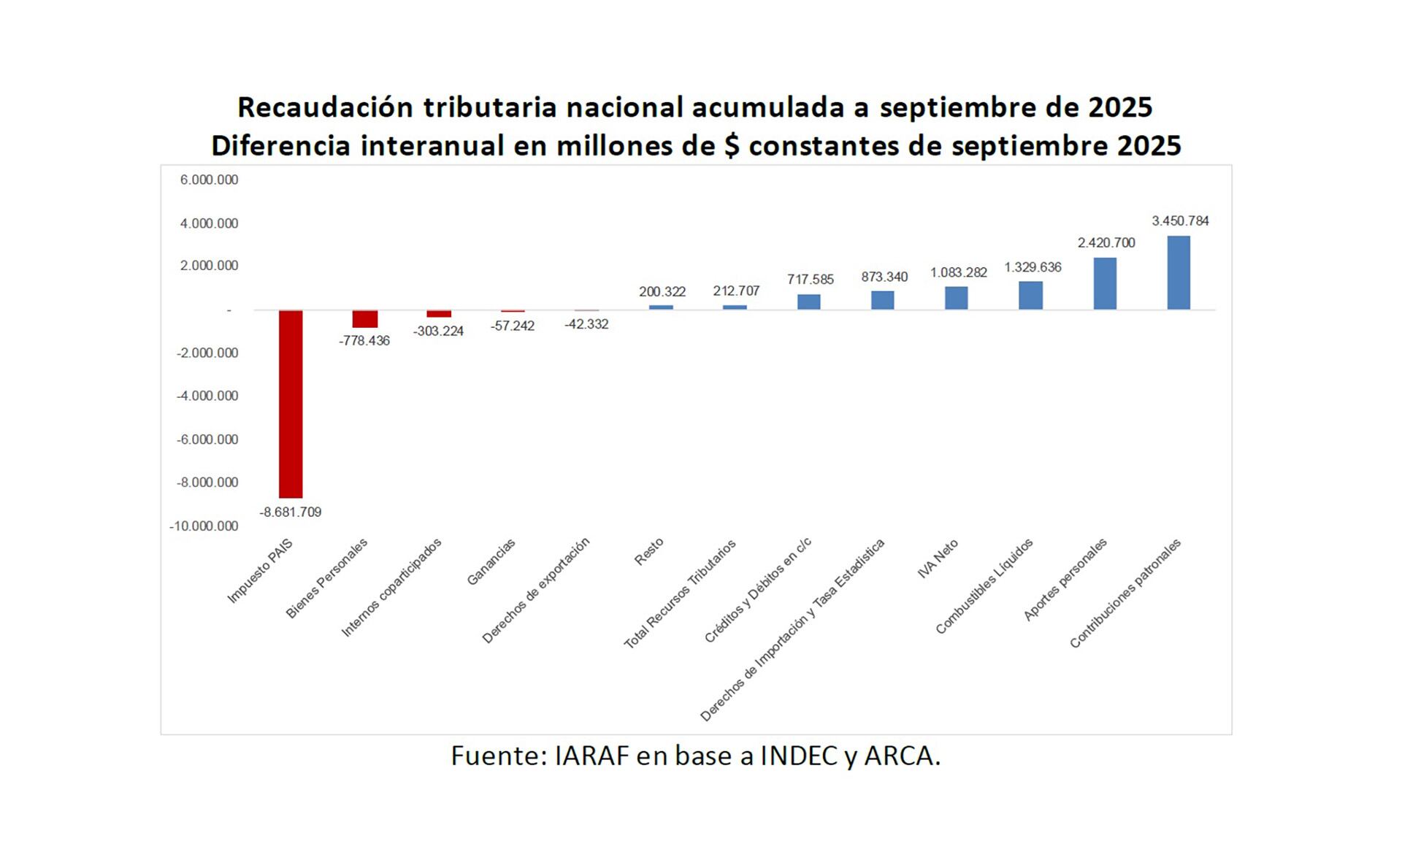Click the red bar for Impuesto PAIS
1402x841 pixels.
(291, 404)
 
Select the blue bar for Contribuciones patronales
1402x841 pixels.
(1179, 272)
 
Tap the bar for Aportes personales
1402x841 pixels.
(1104, 283)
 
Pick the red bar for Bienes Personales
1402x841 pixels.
(365, 319)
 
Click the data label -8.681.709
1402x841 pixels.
(291, 512)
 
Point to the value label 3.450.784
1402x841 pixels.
(1180, 221)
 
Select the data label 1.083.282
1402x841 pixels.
(958, 273)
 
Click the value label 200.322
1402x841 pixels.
(662, 292)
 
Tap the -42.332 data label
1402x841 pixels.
(586, 324)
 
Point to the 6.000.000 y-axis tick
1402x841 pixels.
(209, 180)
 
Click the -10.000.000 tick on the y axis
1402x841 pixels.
(204, 526)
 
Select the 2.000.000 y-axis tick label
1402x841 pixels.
(209, 266)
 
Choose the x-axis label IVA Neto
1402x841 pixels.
(938, 559)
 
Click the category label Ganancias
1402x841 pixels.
(491, 562)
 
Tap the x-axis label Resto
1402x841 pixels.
(649, 552)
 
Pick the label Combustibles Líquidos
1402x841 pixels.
(984, 586)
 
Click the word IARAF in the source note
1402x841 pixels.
(591, 756)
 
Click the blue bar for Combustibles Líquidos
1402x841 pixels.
(1030, 295)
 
